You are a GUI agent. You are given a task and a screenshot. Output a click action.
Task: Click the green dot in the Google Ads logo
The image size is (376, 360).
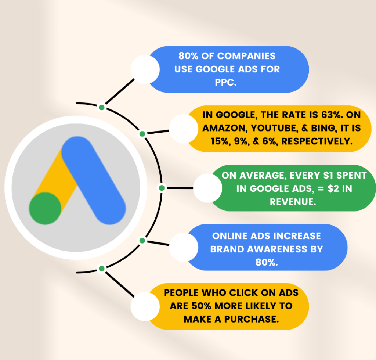pos(45,208)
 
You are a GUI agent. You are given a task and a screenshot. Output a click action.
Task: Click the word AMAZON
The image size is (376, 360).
pos(223,128)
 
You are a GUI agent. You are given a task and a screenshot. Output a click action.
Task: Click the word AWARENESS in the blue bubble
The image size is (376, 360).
pos(273,249)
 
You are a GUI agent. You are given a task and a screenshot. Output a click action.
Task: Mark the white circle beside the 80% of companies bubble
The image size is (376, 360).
pos(145,69)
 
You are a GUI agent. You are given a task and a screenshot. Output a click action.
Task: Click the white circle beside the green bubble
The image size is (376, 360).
pos(207,188)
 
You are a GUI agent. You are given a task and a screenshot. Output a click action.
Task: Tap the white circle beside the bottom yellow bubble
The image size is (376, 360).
pos(145,306)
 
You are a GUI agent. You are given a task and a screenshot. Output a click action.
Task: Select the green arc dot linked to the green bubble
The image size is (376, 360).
pos(161,188)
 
